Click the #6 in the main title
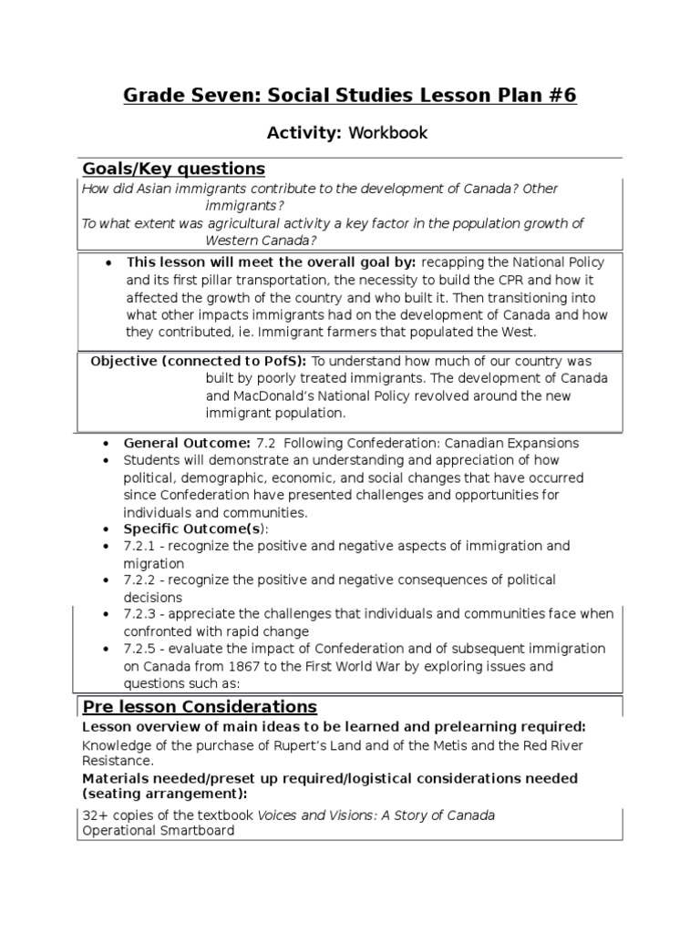click(559, 96)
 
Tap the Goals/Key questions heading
click(174, 169)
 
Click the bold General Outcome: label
click(177, 443)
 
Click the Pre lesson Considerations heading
click(200, 707)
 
